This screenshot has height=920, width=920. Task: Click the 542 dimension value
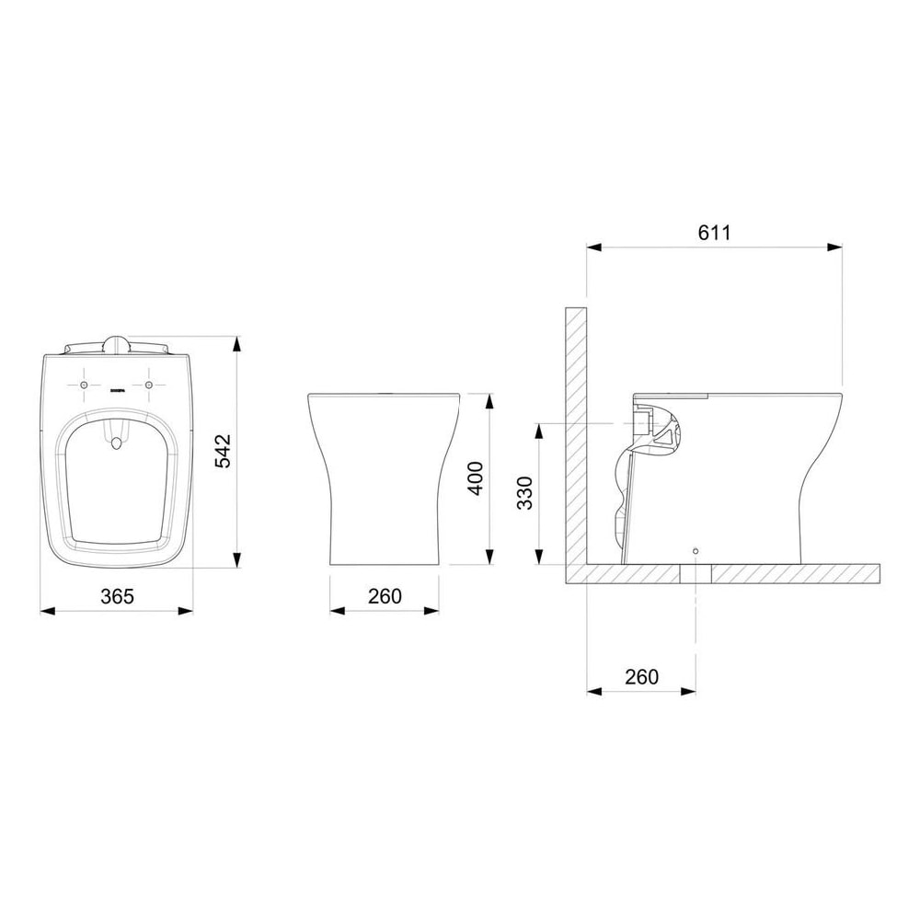[224, 451]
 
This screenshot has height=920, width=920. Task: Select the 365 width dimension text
[118, 595]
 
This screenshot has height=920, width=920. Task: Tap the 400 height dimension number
[475, 478]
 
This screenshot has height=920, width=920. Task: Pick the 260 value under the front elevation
[384, 595]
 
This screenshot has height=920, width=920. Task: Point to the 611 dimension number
[713, 233]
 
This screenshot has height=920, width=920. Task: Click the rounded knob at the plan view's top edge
[117, 345]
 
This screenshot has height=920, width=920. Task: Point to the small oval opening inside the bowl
[117, 445]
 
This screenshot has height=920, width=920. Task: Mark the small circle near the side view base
[695, 551]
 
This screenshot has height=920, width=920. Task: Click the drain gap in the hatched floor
[695, 572]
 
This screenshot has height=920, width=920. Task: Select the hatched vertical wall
[575, 432]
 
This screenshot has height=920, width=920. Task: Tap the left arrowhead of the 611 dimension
[592, 247]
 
